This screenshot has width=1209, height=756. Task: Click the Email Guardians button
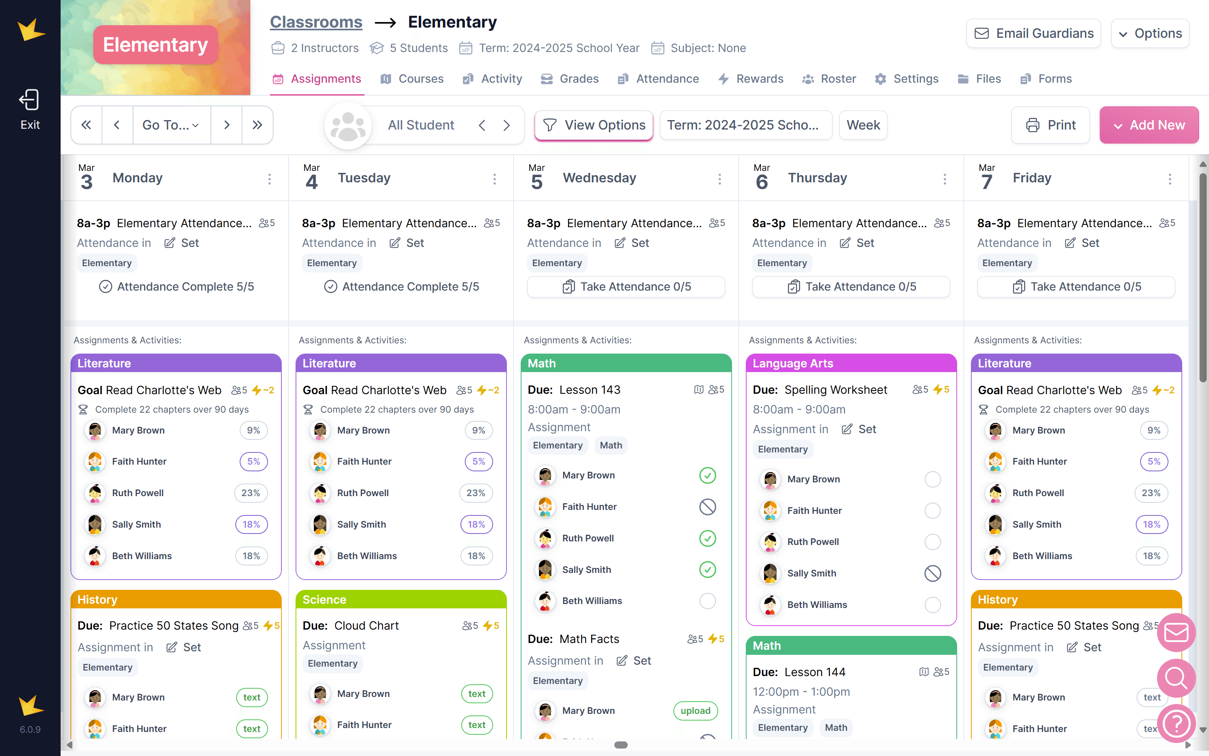[x=1033, y=33]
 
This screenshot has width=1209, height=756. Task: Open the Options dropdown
[x=1150, y=33]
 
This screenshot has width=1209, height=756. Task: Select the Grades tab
[x=570, y=79]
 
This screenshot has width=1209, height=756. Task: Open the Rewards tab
[x=751, y=79]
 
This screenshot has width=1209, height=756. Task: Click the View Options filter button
[x=593, y=125]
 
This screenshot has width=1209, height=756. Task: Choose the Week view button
[x=863, y=125]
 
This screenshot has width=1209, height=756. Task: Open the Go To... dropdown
[x=171, y=125]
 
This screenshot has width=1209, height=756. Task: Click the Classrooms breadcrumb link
[x=316, y=22]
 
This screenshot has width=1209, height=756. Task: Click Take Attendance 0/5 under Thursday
[x=851, y=287]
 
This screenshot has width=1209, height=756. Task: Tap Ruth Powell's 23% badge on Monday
[x=251, y=493]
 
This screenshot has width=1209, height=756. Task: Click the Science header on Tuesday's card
[x=401, y=600]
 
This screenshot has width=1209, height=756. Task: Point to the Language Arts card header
[x=851, y=363]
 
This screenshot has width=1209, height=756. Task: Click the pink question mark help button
[x=1176, y=723]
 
